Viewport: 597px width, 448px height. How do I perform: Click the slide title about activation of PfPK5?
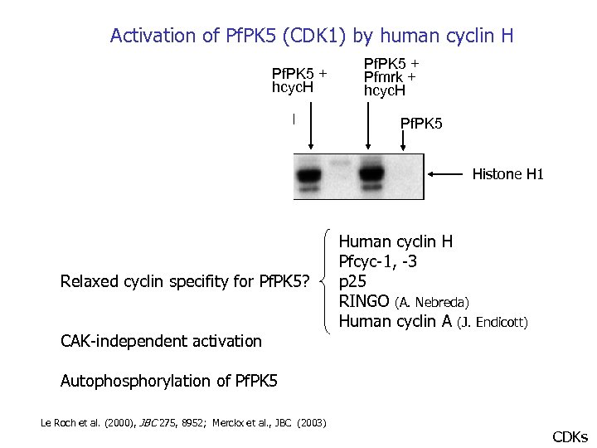click(312, 36)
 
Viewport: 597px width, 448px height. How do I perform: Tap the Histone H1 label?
click(507, 174)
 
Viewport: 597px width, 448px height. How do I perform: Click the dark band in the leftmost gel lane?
click(309, 176)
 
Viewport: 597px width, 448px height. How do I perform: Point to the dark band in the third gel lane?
click(369, 176)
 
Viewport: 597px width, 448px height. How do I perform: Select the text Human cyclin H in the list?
click(396, 242)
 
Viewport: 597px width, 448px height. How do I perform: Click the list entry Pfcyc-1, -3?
click(378, 262)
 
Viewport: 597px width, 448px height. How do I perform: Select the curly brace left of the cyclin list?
click(328, 282)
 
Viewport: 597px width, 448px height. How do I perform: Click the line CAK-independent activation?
click(161, 341)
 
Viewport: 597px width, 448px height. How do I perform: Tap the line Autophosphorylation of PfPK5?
click(169, 382)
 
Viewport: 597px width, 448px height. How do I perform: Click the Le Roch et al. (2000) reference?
click(91, 423)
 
